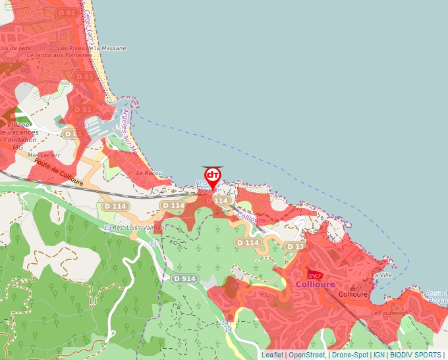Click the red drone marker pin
213,176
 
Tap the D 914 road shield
185,278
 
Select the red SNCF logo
314,275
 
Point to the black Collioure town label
352,294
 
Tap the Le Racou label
149,172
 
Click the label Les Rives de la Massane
92,48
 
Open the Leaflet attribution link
272,355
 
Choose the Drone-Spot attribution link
350,355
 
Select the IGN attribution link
379,355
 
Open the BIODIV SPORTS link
415,355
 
